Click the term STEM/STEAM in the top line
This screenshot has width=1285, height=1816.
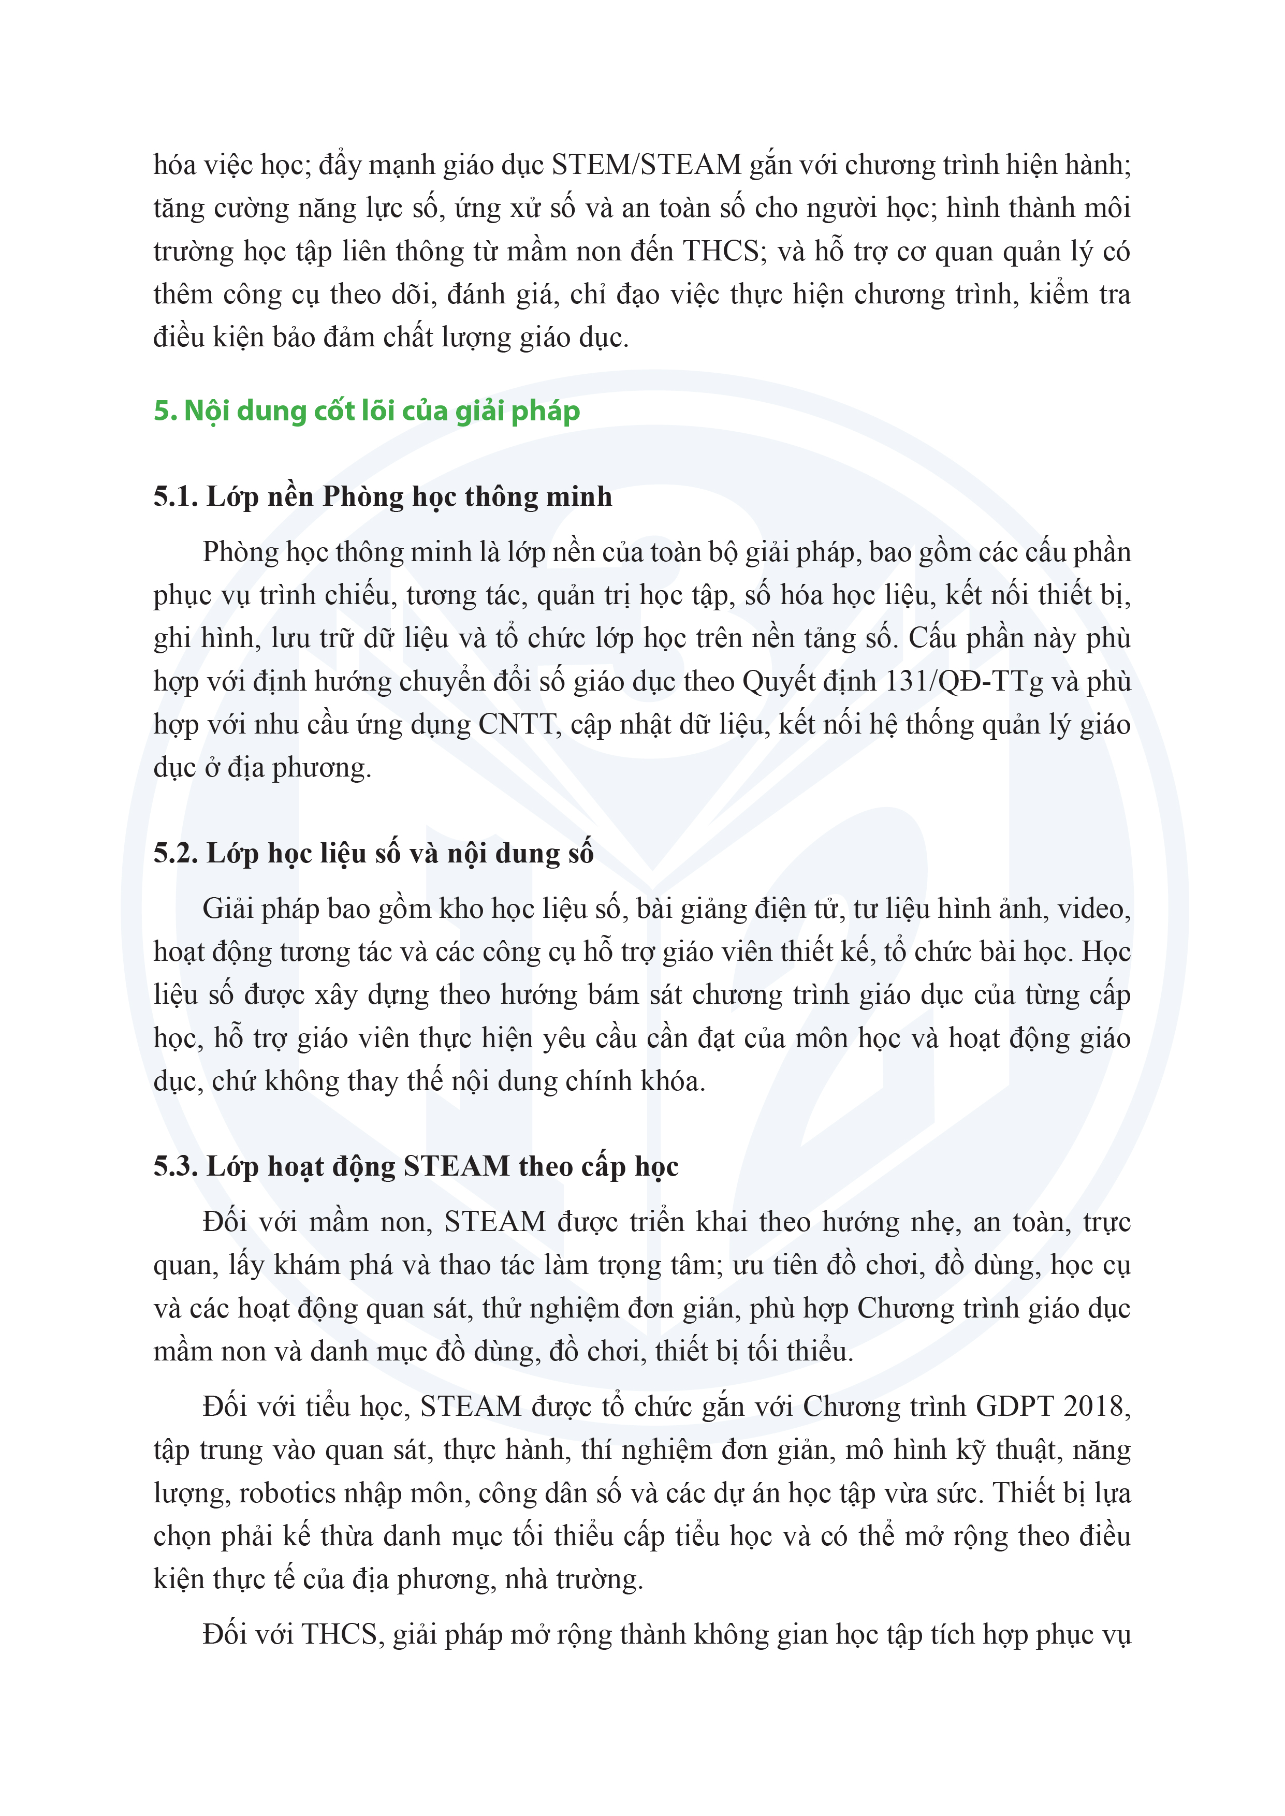646,165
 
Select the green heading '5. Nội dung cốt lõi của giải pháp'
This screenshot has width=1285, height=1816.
367,411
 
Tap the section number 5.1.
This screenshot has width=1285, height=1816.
175,497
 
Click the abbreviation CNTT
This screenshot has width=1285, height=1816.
518,725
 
